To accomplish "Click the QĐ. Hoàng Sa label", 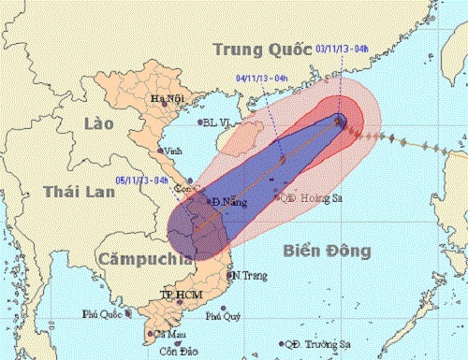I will (308, 197).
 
